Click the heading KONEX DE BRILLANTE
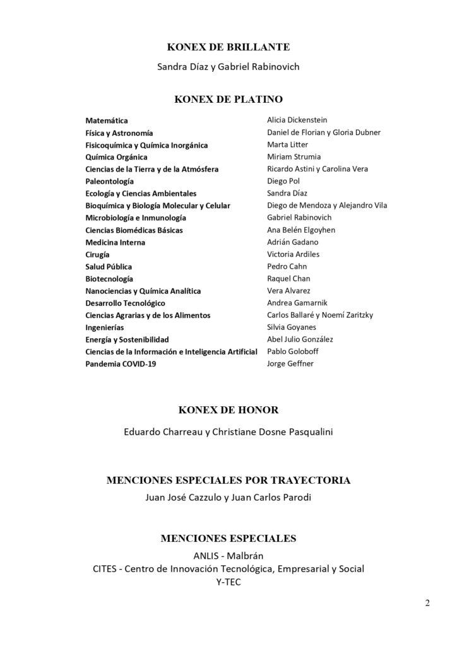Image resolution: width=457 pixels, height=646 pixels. (x=228, y=47)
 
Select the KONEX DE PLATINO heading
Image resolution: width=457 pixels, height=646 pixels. (x=228, y=99)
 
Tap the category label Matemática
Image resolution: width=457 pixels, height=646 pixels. (x=106, y=120)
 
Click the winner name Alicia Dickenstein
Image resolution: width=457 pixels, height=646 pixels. (x=297, y=120)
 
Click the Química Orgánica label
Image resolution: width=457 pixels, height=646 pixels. (x=116, y=157)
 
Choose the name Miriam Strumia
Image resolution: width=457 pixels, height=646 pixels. (x=294, y=156)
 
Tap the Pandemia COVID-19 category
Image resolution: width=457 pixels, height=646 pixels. (x=120, y=365)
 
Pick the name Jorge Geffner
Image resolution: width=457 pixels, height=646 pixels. (x=290, y=364)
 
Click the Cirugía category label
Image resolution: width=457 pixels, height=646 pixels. (x=97, y=255)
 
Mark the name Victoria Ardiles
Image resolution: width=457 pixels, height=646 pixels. (x=294, y=254)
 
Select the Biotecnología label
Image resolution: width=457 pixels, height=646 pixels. (x=109, y=279)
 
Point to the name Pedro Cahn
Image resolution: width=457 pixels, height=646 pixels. (x=287, y=266)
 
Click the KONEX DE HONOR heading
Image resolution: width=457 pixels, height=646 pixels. (x=228, y=410)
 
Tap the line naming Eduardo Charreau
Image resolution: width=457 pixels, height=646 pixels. (x=228, y=433)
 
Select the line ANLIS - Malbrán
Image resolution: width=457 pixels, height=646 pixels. (x=228, y=556)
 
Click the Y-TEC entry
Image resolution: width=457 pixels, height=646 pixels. (x=228, y=582)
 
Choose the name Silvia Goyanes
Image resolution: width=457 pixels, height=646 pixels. (x=292, y=327)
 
